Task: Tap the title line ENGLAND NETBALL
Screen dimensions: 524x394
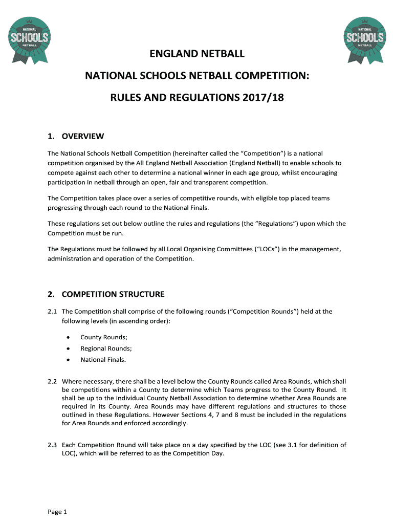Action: [x=197, y=54]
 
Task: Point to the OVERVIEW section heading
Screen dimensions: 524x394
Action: [x=83, y=136]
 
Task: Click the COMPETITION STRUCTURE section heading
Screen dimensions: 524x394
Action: [x=113, y=294]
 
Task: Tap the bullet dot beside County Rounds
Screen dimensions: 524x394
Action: [x=68, y=337]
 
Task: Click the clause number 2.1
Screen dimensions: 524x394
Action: [x=52, y=311]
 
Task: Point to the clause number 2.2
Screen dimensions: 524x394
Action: [x=52, y=381]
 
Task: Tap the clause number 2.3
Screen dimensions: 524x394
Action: [x=52, y=445]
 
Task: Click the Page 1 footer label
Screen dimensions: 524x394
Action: [x=57, y=512]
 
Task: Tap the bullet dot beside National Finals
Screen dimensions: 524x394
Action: [x=68, y=360]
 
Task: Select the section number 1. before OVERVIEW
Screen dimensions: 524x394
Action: [x=51, y=136]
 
